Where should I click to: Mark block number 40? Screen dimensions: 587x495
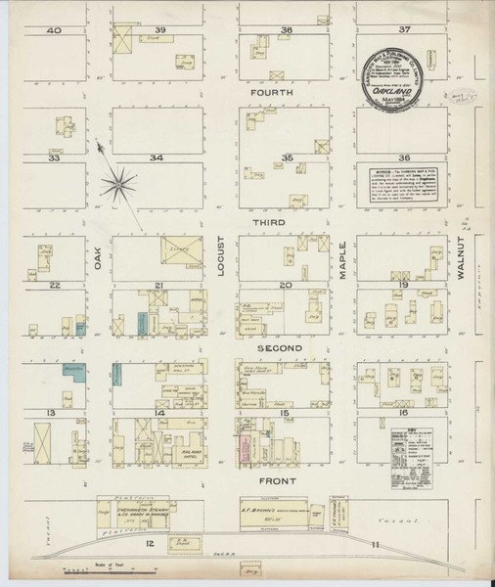pos(55,30)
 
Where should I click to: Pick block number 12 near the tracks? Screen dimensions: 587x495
pos(150,541)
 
